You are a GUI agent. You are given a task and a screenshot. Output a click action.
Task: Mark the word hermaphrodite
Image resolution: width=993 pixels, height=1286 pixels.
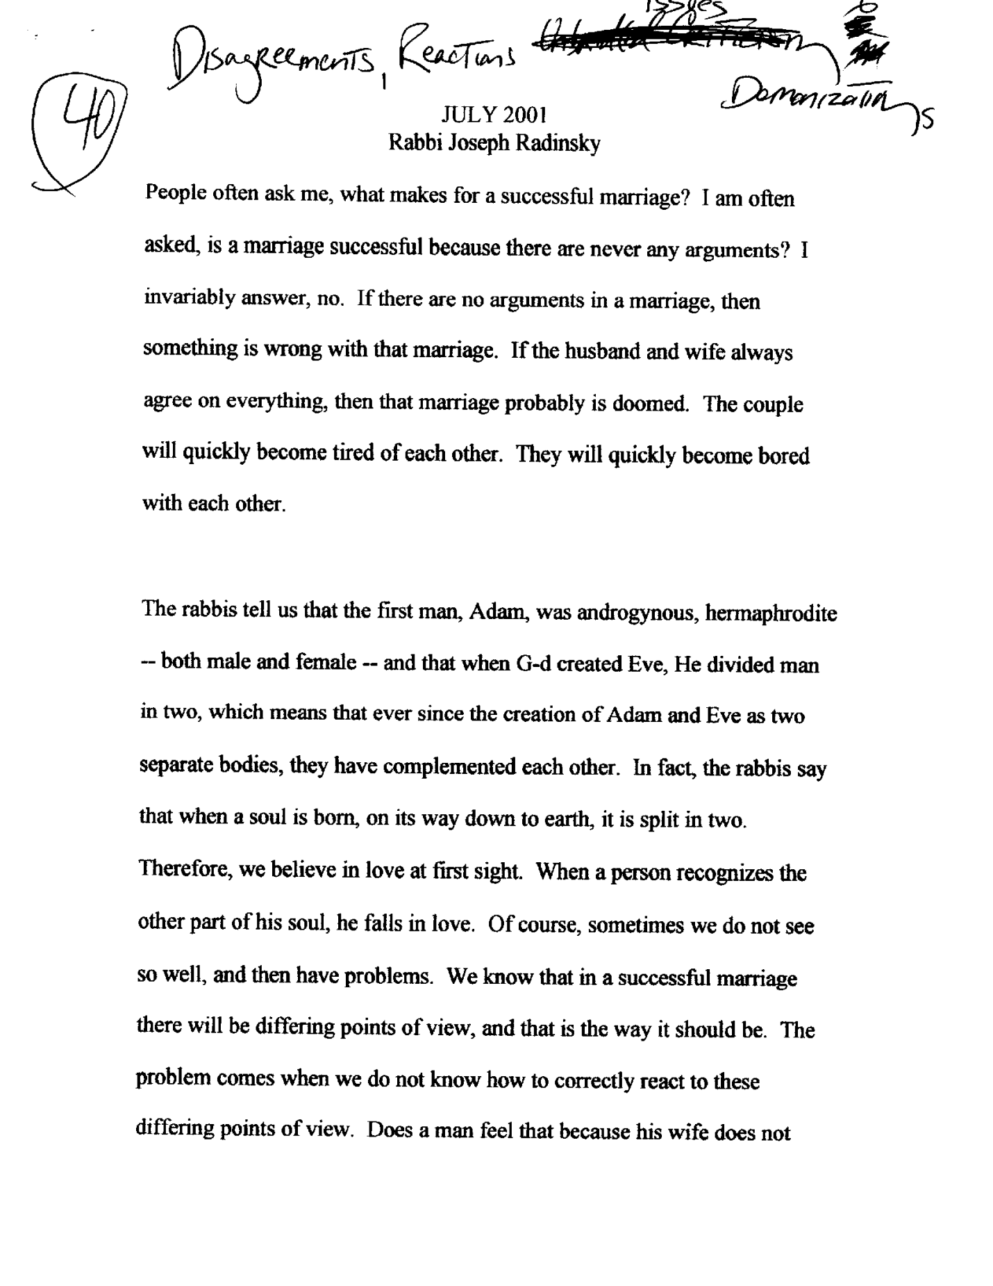tap(770, 614)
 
